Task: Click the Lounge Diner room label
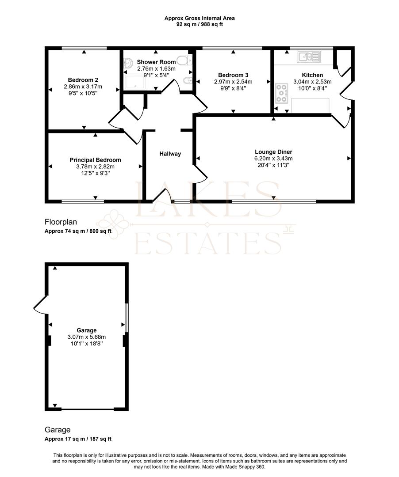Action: coord(273,152)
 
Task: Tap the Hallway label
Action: coord(170,154)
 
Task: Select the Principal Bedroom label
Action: coord(95,160)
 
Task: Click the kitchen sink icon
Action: coord(309,57)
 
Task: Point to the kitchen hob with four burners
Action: coord(281,93)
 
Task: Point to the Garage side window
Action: coord(127,318)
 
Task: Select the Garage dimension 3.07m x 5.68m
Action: coord(86,337)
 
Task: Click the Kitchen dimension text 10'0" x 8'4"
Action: coord(312,88)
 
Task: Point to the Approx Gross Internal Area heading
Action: coord(199,18)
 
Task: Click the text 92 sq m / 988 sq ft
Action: coord(199,24)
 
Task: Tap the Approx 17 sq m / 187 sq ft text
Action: coord(78,439)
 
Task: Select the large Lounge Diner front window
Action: coord(274,201)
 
